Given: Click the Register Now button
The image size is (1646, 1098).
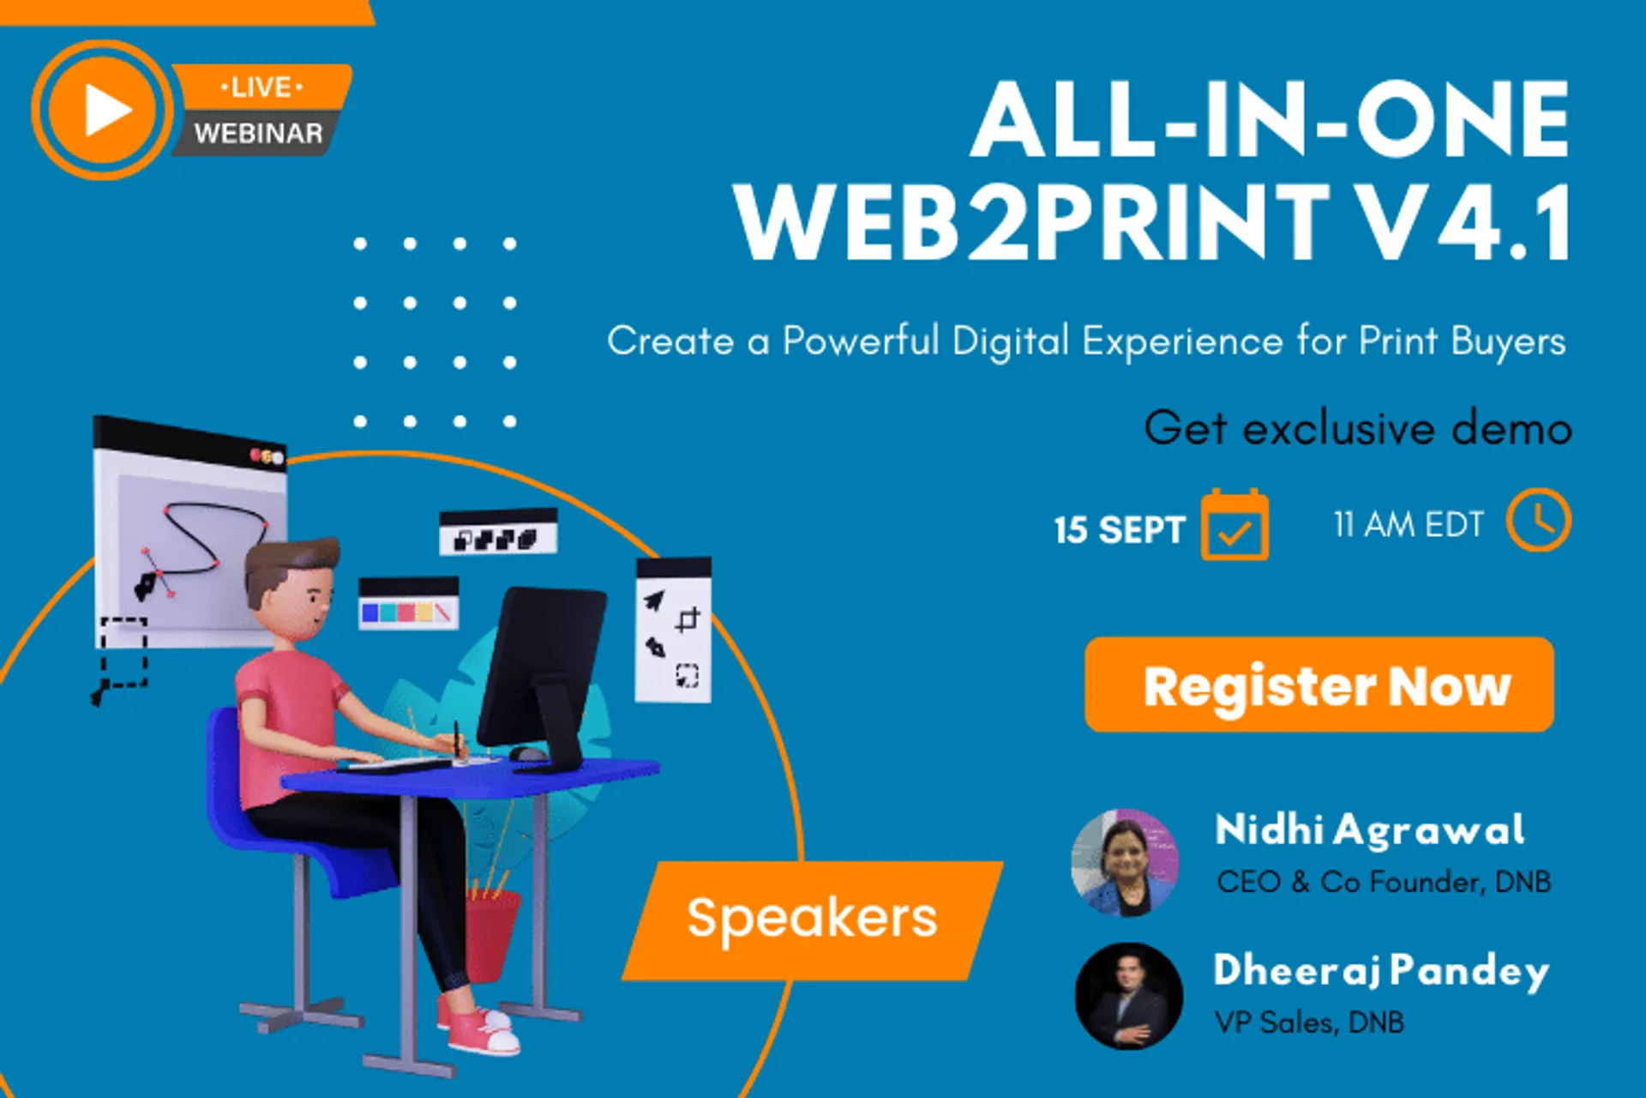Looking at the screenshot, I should pyautogui.click(x=1319, y=685).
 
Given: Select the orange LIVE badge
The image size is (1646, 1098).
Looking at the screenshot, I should pyautogui.click(x=261, y=87).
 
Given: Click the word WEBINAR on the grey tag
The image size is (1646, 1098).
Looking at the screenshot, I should pyautogui.click(x=258, y=134).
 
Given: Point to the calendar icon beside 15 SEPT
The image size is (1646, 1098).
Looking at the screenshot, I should pyautogui.click(x=1234, y=525).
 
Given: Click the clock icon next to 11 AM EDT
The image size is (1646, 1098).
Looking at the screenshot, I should pyautogui.click(x=1539, y=520).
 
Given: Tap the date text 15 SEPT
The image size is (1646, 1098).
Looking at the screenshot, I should pyautogui.click(x=1119, y=530).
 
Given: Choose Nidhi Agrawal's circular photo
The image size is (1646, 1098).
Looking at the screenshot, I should pyautogui.click(x=1125, y=862).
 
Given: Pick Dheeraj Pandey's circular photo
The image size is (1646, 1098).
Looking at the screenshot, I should pyautogui.click(x=1128, y=996).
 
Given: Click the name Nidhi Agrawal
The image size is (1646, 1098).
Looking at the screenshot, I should pyautogui.click(x=1369, y=830).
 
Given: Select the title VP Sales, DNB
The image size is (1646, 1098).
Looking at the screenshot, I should pyautogui.click(x=1309, y=1023).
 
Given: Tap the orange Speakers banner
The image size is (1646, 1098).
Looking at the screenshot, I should pyautogui.click(x=812, y=920).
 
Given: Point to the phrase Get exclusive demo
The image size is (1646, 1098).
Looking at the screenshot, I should pyautogui.click(x=1357, y=428).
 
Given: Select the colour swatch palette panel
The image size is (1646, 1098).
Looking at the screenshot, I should pyautogui.click(x=408, y=606).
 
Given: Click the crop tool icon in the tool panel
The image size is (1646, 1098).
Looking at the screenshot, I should pyautogui.click(x=688, y=618).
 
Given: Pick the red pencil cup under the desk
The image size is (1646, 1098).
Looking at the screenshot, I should pyautogui.click(x=492, y=935).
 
